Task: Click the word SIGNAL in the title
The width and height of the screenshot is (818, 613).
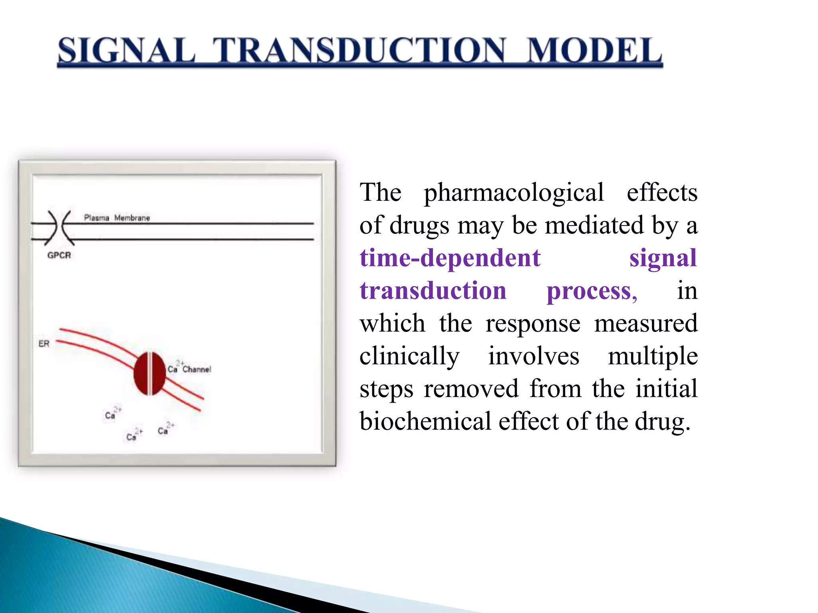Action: pyautogui.click(x=126, y=51)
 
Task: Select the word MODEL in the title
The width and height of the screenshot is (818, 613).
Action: pyautogui.click(x=594, y=51)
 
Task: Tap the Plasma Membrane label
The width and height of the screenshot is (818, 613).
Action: pyautogui.click(x=117, y=218)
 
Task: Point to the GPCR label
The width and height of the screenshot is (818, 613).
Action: pyautogui.click(x=59, y=255)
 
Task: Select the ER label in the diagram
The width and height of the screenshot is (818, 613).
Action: pyautogui.click(x=44, y=344)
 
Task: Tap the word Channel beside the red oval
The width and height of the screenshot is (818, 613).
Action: pyautogui.click(x=197, y=370)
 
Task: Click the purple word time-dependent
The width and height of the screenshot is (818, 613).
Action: pyautogui.click(x=450, y=258)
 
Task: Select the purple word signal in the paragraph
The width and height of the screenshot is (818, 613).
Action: pyautogui.click(x=663, y=258)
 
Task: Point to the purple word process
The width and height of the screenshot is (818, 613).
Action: pyautogui.click(x=591, y=291)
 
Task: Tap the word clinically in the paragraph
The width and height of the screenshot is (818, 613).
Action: pyautogui.click(x=409, y=356)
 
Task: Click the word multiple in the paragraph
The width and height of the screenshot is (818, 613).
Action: pyautogui.click(x=653, y=356)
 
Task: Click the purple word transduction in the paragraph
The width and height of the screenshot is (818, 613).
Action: pyautogui.click(x=433, y=291)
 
